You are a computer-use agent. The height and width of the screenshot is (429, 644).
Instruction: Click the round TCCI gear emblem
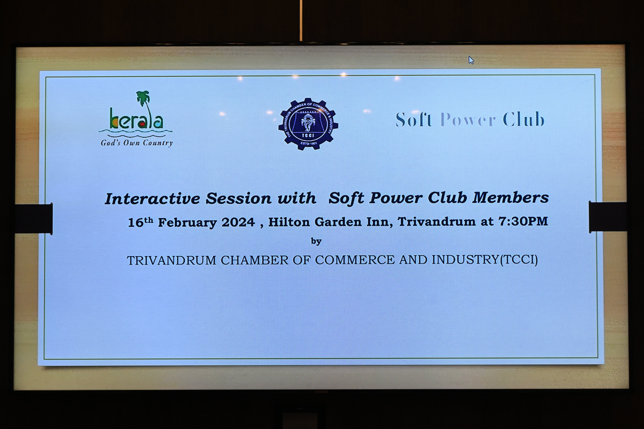pos(308,124)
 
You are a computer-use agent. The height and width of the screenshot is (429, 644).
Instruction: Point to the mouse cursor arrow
pos(471,60)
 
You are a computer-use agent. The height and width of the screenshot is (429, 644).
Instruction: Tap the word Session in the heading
pos(238,198)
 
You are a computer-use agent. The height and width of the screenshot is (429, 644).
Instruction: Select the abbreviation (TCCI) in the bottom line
pos(519,259)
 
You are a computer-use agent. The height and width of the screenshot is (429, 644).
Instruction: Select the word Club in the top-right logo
pos(524,119)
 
